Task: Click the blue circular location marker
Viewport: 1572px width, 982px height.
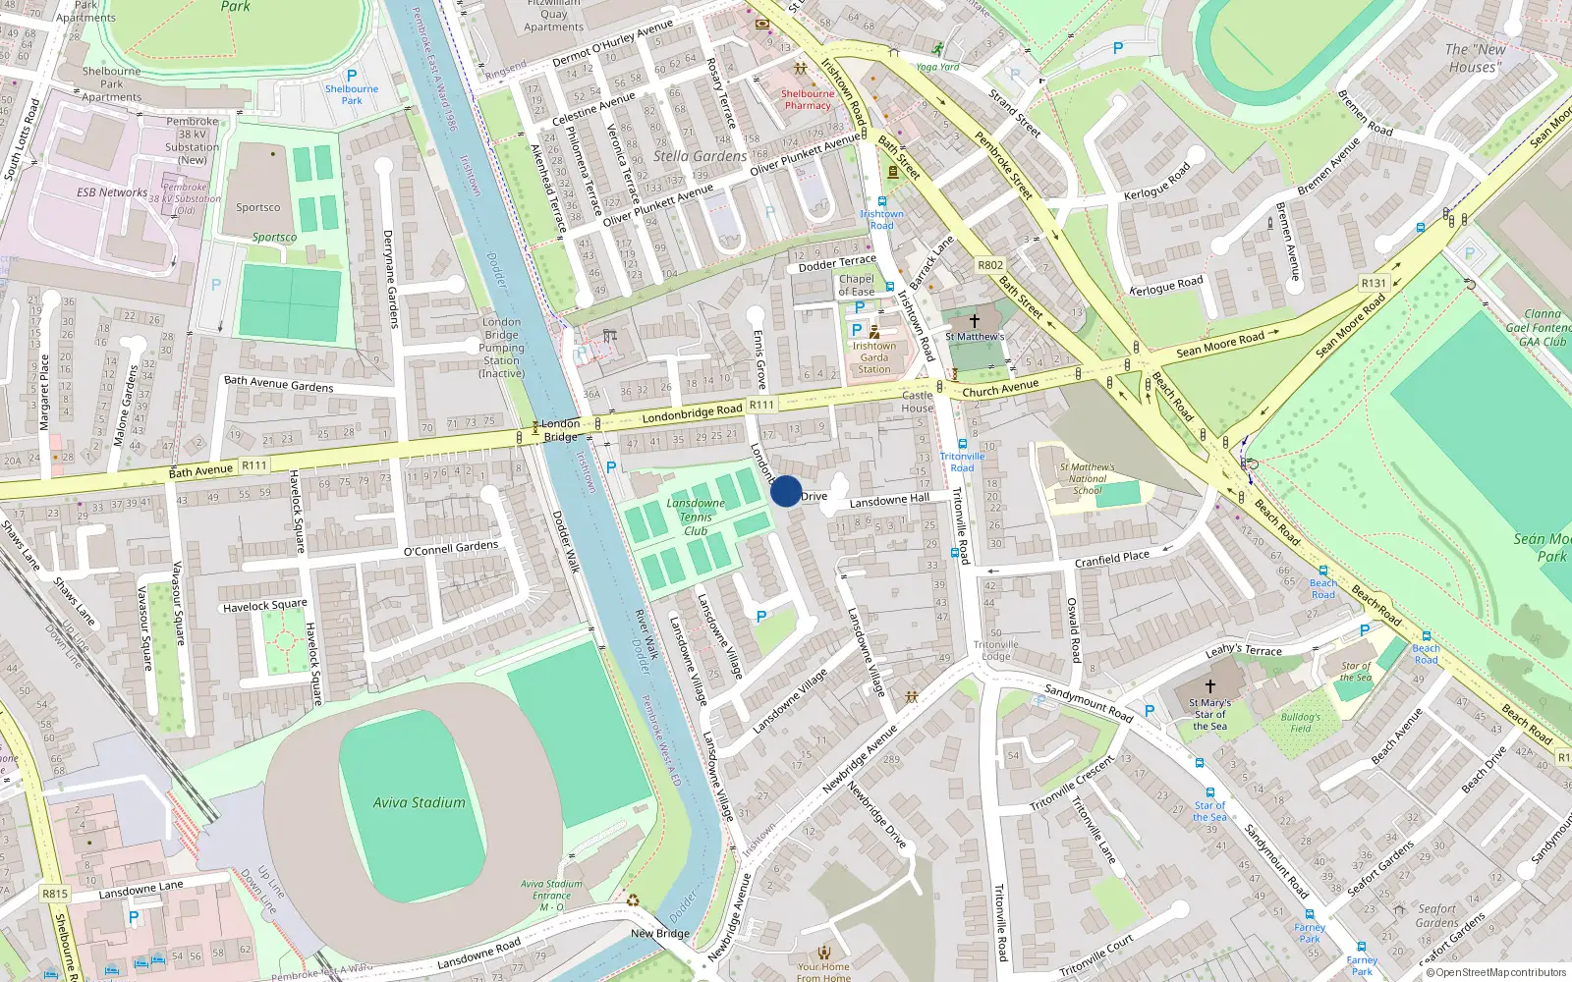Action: [786, 491]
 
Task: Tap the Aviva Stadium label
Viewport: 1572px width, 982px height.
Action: [420, 802]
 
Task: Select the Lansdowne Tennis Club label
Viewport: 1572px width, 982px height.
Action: [696, 517]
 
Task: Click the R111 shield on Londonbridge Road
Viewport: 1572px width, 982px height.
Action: [761, 404]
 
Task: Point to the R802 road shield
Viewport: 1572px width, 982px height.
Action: [990, 265]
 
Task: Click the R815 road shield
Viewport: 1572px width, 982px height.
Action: [55, 894]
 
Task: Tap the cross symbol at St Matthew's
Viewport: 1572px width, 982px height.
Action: [975, 321]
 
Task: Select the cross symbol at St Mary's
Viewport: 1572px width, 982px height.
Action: [1210, 686]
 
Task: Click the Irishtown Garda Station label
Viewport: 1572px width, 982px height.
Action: [873, 357]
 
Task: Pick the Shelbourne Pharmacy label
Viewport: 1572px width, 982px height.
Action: [808, 99]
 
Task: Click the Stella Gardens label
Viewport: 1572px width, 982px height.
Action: [700, 156]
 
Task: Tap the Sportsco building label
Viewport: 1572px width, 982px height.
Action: [258, 207]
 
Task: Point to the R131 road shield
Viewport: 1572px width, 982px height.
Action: [1374, 283]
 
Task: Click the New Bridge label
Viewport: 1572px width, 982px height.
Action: [660, 933]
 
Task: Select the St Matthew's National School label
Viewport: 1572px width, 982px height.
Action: [1088, 479]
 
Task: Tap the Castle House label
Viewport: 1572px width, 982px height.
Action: [918, 402]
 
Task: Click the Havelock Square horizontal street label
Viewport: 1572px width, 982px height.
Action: [265, 606]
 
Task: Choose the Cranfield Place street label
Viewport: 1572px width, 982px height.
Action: [1112, 559]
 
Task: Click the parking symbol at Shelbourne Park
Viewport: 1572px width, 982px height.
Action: [352, 76]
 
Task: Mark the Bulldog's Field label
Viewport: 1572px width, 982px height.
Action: [1301, 723]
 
